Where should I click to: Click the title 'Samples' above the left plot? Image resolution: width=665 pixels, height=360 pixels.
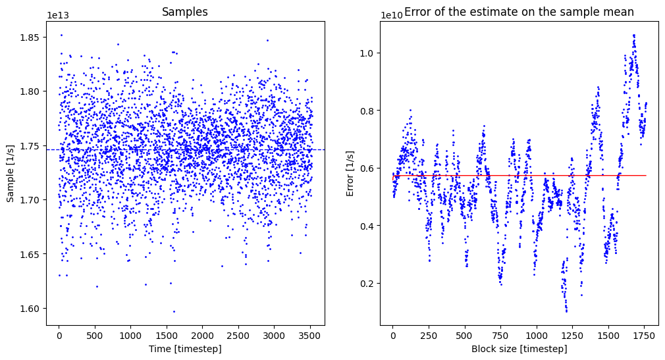pyautogui.click(x=185, y=13)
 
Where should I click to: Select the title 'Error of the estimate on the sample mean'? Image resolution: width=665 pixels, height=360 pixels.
pyautogui.click(x=519, y=12)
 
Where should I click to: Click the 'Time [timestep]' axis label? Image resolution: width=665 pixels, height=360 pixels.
pyautogui.click(x=185, y=349)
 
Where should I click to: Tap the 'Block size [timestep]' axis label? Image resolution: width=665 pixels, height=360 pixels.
pyautogui.click(x=519, y=349)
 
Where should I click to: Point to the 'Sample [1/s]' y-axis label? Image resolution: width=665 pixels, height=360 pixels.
pyautogui.click(x=10, y=173)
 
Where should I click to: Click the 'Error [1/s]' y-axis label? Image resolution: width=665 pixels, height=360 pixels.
pyautogui.click(x=351, y=173)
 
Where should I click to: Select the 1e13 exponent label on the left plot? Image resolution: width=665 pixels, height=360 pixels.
pyautogui.click(x=58, y=15)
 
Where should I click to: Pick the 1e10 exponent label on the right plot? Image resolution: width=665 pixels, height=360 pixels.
pyautogui.click(x=392, y=15)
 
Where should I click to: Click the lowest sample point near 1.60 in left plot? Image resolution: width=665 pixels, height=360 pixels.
pyautogui.click(x=174, y=311)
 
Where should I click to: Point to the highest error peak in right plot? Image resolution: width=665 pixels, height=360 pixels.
pyautogui.click(x=634, y=35)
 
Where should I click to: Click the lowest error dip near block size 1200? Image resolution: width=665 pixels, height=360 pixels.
pyautogui.click(x=566, y=311)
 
